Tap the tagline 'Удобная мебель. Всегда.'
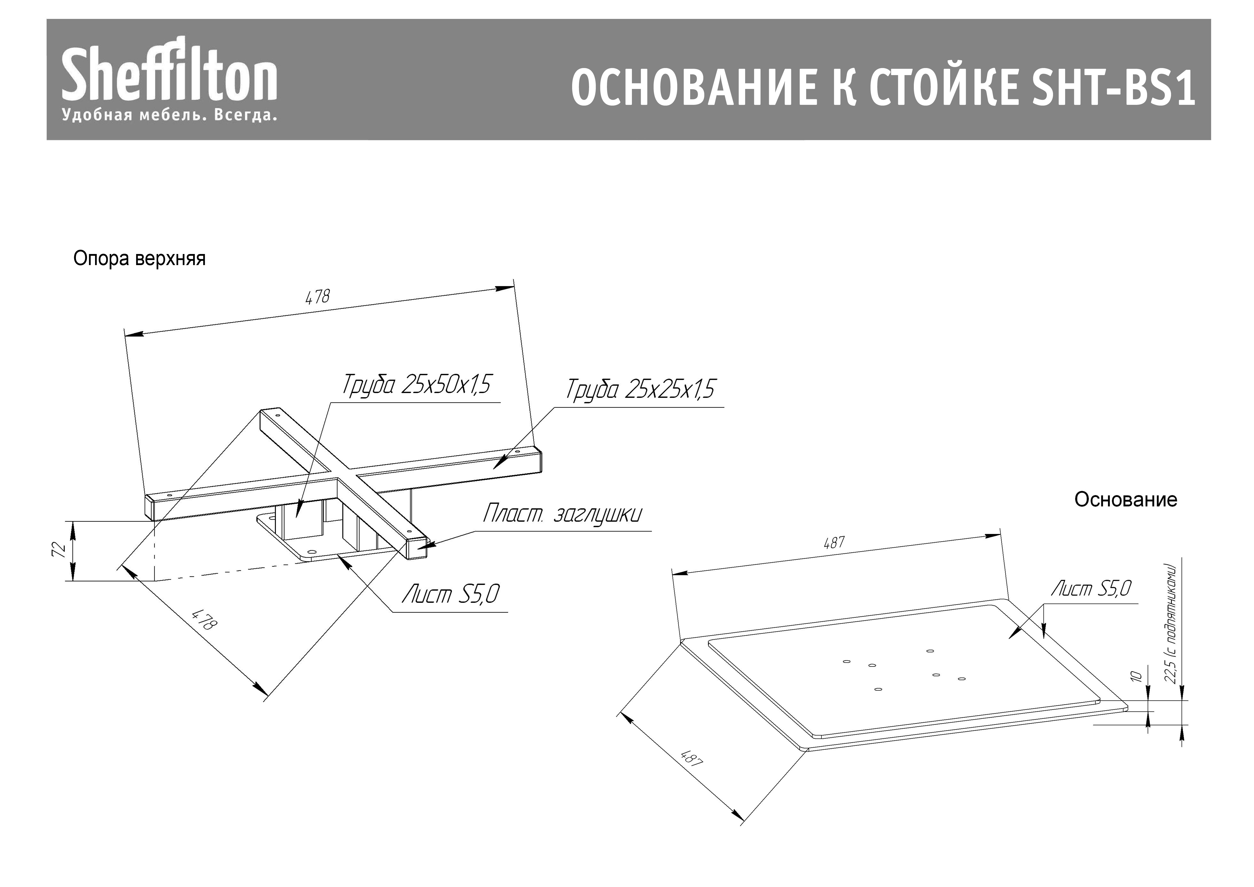click(169, 115)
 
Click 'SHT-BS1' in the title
click(1113, 87)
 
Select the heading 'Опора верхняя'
click(139, 258)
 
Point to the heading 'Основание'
click(1126, 499)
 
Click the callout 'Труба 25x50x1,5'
click(416, 385)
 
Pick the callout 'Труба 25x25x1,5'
click(639, 389)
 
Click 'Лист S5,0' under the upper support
click(451, 594)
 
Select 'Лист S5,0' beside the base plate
click(1091, 588)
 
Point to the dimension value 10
click(1136, 676)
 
